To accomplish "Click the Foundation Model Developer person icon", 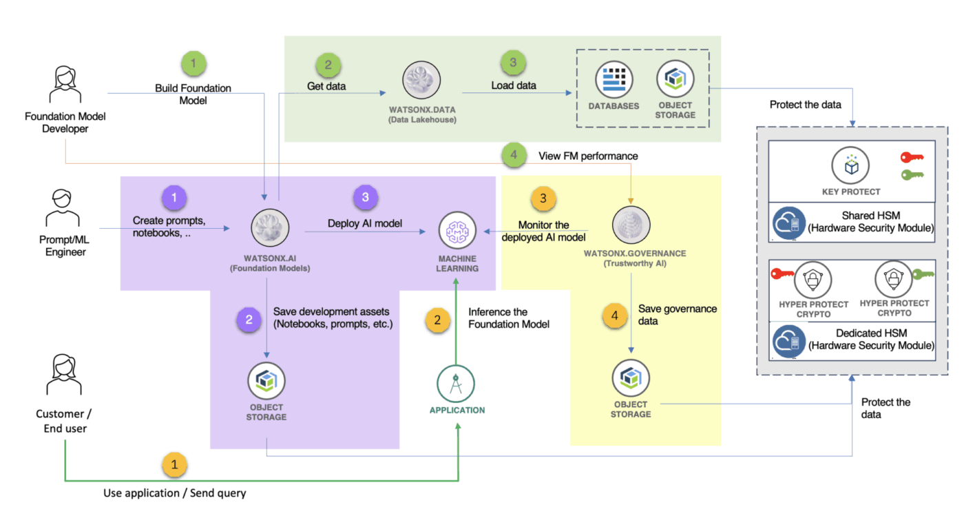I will (x=63, y=84).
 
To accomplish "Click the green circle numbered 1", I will (x=193, y=64).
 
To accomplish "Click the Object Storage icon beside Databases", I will (x=675, y=79).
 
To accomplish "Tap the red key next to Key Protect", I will (x=912, y=158).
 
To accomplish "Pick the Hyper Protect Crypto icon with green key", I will (x=893, y=279).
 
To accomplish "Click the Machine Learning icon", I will (x=457, y=232).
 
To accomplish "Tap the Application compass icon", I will (x=456, y=384).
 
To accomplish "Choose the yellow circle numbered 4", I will (x=615, y=316).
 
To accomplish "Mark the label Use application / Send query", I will (x=174, y=493).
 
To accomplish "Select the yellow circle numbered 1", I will (x=174, y=465).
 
